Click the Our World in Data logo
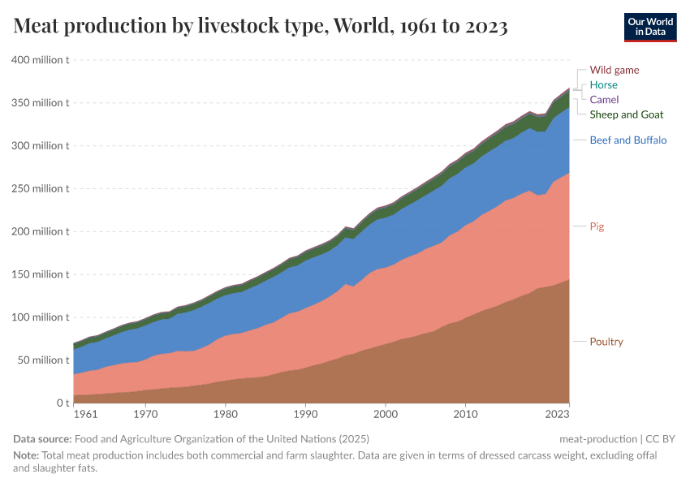point(649,27)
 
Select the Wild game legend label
point(614,70)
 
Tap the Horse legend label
point(603,84)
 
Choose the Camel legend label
point(604,99)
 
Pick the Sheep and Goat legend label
point(626,114)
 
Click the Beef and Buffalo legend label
point(627,140)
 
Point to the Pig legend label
point(597,226)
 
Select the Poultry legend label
point(606,342)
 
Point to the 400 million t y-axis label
point(40,60)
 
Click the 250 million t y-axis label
point(40,188)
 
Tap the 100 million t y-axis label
point(40,317)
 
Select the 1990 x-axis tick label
point(305,414)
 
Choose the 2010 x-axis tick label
point(465,414)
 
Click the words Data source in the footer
point(41,439)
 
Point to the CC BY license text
point(662,439)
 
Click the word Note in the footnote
point(26,455)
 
